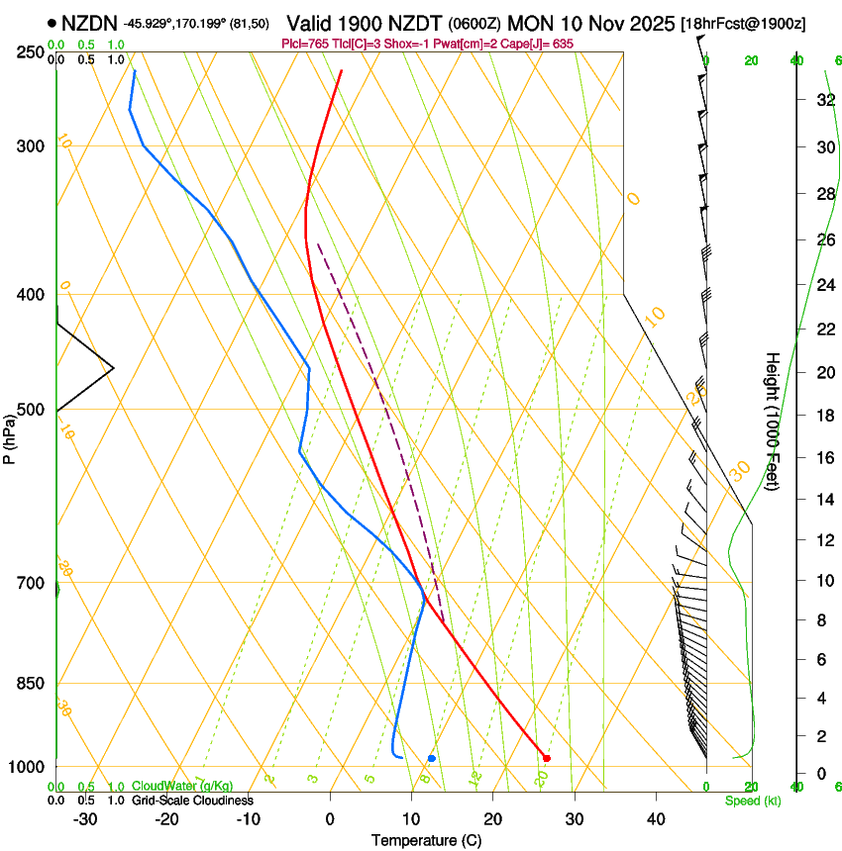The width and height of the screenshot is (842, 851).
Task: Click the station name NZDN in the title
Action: point(89,22)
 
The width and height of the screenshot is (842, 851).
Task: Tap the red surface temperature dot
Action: point(547,758)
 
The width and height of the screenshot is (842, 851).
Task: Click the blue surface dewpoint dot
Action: point(432,758)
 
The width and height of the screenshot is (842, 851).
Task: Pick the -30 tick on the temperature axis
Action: point(85,819)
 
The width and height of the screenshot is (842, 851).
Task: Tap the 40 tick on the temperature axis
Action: point(655,819)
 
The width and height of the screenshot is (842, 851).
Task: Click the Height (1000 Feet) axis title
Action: point(773,421)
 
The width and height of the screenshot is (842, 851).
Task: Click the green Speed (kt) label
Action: point(752,801)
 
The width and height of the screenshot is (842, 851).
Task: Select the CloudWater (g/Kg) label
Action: point(182,787)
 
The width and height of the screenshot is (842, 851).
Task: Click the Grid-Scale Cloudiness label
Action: point(192,801)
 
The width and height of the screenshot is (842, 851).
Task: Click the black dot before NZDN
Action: point(51,22)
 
